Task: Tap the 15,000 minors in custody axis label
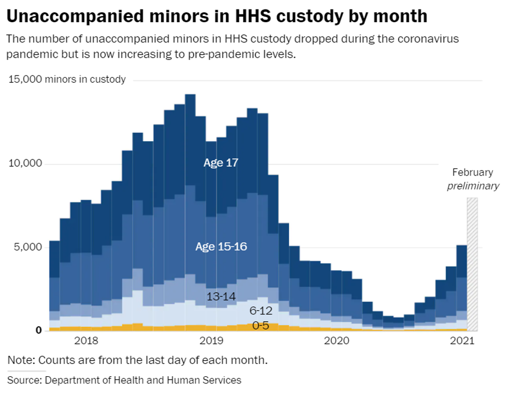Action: pyautogui.click(x=67, y=79)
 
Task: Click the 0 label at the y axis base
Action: pyautogui.click(x=39, y=330)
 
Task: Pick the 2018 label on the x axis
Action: pyautogui.click(x=86, y=341)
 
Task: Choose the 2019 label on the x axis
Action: pyautogui.click(x=211, y=341)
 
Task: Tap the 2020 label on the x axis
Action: pyautogui.click(x=337, y=341)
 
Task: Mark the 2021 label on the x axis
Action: pyautogui.click(x=462, y=341)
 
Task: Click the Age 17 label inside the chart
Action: pyautogui.click(x=220, y=163)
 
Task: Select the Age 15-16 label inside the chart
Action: pyautogui.click(x=221, y=246)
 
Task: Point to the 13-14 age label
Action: pyautogui.click(x=221, y=297)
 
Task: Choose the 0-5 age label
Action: pyautogui.click(x=261, y=325)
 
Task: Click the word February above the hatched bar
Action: pyautogui.click(x=473, y=172)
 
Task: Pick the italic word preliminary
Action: pyautogui.click(x=473, y=186)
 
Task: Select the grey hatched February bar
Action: pyautogui.click(x=472, y=267)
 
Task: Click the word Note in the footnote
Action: pyautogui.click(x=18, y=360)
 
